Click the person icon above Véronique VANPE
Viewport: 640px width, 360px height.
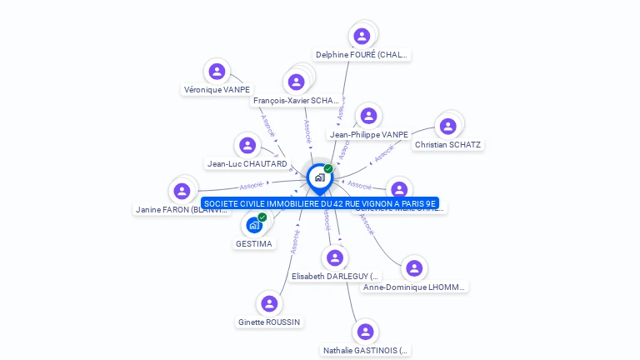(217, 72)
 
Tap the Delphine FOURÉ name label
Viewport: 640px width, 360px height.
(362, 55)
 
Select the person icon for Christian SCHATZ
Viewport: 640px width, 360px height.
(447, 126)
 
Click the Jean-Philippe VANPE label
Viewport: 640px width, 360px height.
(368, 134)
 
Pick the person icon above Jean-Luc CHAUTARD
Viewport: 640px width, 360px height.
(247, 145)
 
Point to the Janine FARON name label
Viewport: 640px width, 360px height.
(181, 210)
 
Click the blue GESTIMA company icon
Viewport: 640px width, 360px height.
(254, 225)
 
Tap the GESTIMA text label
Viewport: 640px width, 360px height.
(254, 244)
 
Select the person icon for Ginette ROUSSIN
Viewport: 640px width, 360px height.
(268, 303)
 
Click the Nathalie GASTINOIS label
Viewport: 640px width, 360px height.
(366, 351)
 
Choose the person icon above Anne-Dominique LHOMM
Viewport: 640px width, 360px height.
(414, 268)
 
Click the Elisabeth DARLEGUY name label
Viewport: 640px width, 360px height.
(335, 276)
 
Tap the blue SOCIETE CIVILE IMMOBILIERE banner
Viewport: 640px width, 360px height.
(319, 202)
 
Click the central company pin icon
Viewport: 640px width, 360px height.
(319, 177)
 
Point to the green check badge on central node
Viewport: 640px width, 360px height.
(328, 168)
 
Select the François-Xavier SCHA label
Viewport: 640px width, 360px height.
(296, 101)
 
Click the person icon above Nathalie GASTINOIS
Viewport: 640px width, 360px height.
(365, 332)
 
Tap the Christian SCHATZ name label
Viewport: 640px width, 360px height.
(447, 145)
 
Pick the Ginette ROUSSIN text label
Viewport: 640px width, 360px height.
(269, 322)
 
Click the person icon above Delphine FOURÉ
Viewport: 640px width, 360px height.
(362, 36)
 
